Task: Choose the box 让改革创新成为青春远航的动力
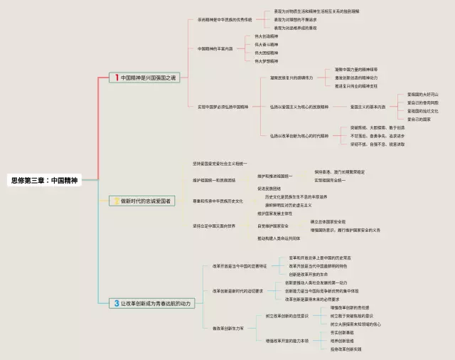(151, 303)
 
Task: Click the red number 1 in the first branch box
(117, 78)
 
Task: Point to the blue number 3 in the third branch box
(117, 303)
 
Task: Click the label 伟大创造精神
(267, 36)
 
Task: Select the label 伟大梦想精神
(267, 61)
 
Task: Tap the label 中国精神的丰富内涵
(215, 48)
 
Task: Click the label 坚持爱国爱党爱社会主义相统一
(220, 164)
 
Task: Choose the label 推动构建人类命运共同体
(278, 238)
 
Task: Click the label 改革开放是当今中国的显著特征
(239, 265)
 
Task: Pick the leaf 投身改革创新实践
(346, 349)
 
